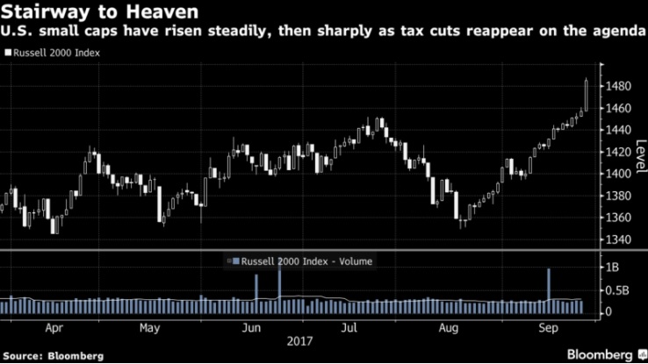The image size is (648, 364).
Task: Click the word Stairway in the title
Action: point(41,13)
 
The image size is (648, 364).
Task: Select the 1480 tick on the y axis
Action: point(618,86)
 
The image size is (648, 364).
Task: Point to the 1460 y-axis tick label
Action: point(618,108)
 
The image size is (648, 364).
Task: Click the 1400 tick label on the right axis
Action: point(618,174)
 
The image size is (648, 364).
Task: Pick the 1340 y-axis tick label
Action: point(618,239)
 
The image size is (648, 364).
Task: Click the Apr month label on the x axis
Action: point(54,329)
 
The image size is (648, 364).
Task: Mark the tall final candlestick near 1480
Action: point(587,94)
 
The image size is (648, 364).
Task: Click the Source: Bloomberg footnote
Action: point(53,356)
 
